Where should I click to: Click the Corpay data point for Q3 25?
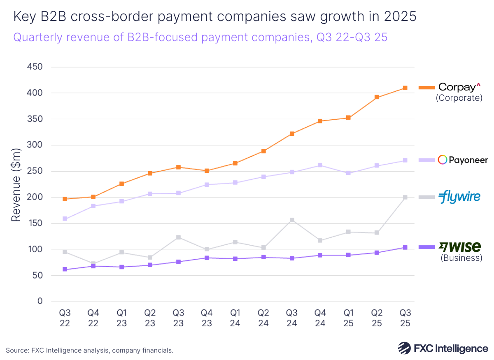[x=405, y=88]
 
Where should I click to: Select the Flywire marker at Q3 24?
[x=292, y=220]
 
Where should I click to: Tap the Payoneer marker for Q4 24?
[x=320, y=165]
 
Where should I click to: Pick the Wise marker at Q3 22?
[x=65, y=269]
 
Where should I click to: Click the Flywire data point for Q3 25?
[x=405, y=197]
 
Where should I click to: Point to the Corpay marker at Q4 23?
[x=207, y=171]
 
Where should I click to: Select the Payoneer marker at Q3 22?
[x=65, y=219]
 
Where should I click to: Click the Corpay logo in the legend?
[x=459, y=87]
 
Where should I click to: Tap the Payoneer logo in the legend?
[x=463, y=160]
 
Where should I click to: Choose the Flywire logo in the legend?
[x=459, y=197]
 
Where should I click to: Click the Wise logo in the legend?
[x=460, y=247]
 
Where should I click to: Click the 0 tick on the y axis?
[x=40, y=302]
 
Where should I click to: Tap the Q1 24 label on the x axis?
[x=235, y=318]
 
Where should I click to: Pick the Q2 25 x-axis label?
[x=377, y=318]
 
